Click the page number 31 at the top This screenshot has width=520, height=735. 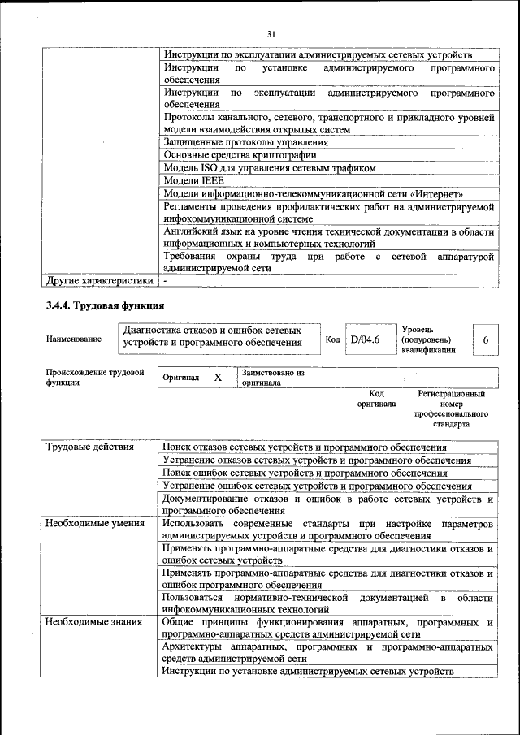271,33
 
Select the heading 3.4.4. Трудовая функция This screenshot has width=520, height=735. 105,306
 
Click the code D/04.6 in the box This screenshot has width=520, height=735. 365,339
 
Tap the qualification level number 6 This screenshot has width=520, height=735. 485,339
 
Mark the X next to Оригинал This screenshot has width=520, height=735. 218,378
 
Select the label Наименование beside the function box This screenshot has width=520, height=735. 74,339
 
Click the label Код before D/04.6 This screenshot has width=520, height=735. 332,339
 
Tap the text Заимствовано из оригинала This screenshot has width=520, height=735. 272,378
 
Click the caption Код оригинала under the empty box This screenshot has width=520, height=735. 376,398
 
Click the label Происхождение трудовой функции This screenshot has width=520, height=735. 89,378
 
